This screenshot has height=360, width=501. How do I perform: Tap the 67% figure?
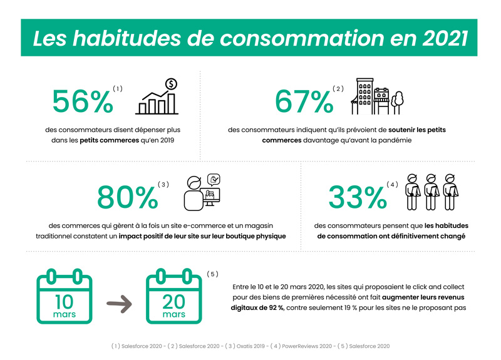coord(304,101)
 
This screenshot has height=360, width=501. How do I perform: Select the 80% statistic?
coord(128,197)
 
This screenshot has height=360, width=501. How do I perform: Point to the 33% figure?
coord(358,197)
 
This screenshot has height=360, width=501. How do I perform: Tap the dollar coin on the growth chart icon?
coord(170,84)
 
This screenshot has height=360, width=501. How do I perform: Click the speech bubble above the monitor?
coord(214,180)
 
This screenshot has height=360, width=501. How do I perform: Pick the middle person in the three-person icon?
coord(430,192)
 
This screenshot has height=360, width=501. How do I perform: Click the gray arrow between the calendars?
coord(119,305)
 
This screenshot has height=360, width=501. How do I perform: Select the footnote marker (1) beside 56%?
coord(118,89)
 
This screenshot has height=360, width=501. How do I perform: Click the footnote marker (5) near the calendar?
coord(212,274)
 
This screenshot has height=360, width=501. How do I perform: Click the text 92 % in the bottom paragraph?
coord(272,308)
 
